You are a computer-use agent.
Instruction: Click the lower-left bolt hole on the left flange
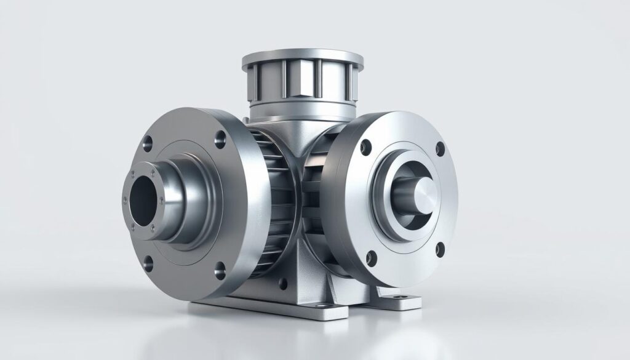coord(148,265)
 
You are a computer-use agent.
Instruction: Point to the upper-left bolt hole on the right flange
coord(366,147)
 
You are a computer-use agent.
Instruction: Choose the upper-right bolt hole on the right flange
coord(440,148)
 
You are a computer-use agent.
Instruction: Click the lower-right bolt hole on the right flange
coord(441,249)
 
